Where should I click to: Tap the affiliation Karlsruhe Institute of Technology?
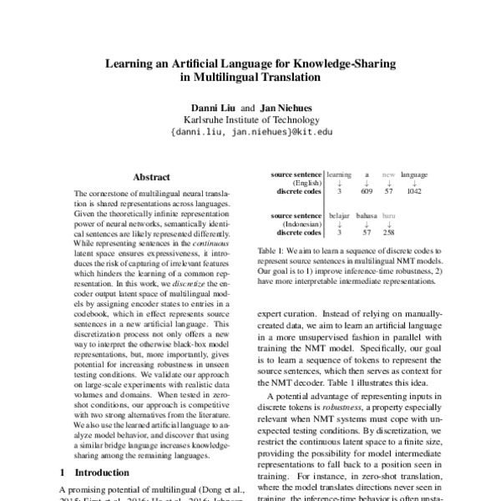(250, 119)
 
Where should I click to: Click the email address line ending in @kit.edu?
(250, 131)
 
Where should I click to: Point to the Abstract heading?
(151, 177)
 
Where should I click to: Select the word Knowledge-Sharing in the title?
(349, 63)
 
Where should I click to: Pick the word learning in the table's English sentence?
(340, 175)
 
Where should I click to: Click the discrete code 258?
(388, 232)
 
